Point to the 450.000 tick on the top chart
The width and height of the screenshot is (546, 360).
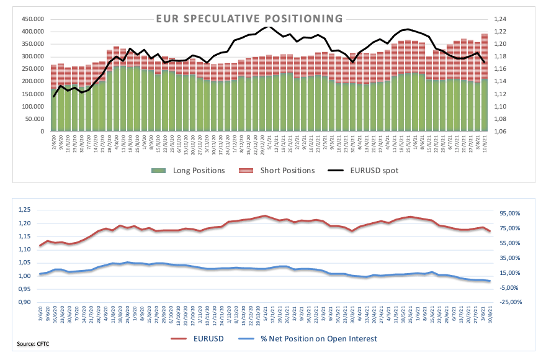click(32, 19)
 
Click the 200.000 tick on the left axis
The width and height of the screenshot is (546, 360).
click(32, 82)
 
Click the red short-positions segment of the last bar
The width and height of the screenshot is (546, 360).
click(484, 56)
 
